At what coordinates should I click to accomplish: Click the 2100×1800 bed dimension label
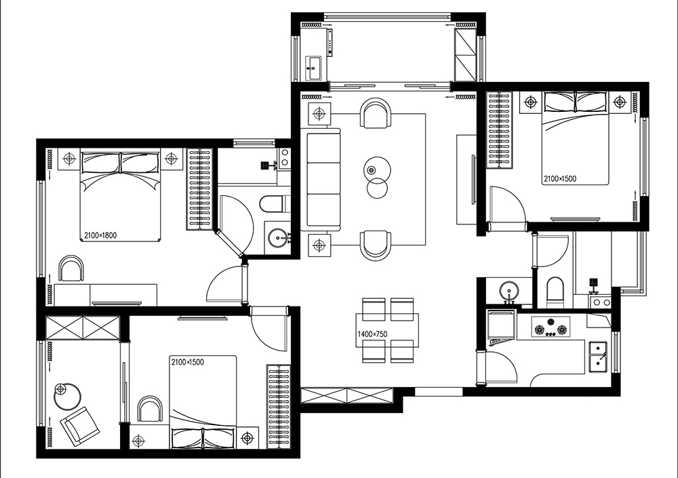[x=100, y=236]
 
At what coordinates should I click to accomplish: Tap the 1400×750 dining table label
[x=372, y=334]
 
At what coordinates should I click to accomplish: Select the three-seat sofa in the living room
[x=323, y=178]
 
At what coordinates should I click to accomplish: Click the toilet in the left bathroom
[x=272, y=204]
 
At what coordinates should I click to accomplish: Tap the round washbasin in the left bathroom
[x=277, y=237]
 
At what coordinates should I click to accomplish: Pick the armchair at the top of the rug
[x=376, y=113]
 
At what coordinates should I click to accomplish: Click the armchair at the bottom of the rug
[x=376, y=245]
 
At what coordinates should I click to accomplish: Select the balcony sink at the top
[x=313, y=68]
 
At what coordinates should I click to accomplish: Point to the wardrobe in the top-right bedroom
[x=500, y=130]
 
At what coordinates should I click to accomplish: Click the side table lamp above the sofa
[x=319, y=114]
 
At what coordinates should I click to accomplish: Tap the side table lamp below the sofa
[x=319, y=245]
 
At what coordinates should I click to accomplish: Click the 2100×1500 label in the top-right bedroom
[x=560, y=178]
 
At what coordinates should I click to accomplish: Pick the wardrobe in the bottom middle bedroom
[x=279, y=407]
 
